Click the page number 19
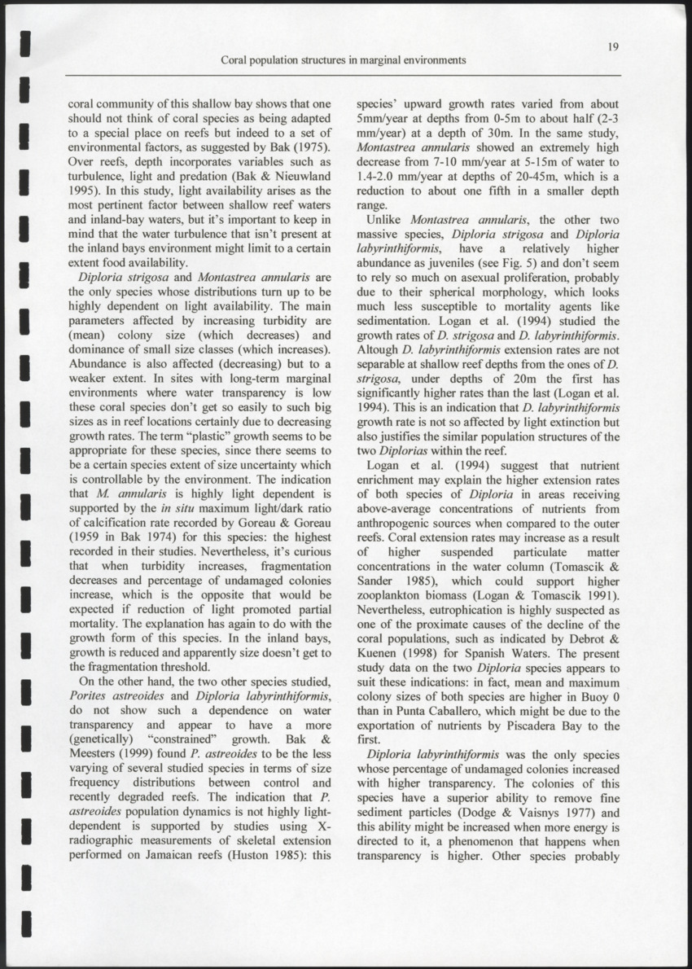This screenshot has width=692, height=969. coord(613,46)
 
